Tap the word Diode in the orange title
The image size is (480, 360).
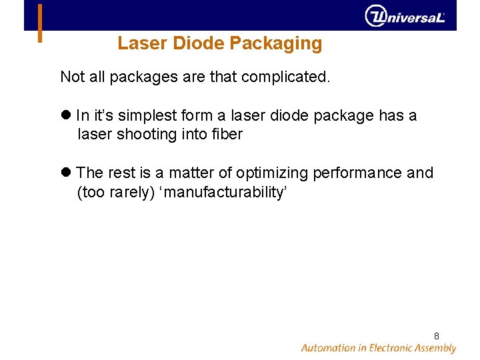click(x=199, y=44)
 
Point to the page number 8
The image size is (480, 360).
click(x=436, y=336)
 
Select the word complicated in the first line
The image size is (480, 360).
click(x=289, y=77)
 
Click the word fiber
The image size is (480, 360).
click(x=226, y=134)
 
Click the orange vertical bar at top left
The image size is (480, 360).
click(x=41, y=23)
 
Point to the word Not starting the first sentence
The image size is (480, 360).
click(x=72, y=77)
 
